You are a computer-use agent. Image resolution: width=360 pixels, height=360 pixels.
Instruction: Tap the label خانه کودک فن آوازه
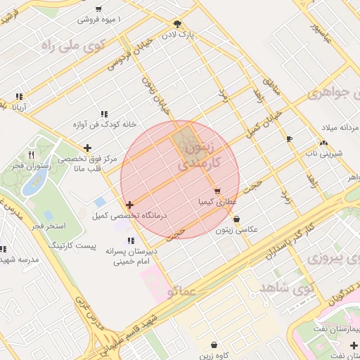[x=103, y=124]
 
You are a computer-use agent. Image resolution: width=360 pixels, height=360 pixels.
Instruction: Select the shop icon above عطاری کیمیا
[x=217, y=191]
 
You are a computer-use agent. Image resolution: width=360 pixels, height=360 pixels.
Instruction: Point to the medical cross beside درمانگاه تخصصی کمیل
[x=130, y=205]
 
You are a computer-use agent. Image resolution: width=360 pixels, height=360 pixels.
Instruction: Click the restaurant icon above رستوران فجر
[x=31, y=154]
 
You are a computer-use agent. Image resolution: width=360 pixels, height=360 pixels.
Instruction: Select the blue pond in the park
[x=34, y=184]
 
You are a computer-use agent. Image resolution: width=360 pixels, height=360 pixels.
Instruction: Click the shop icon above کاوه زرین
[x=214, y=345]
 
